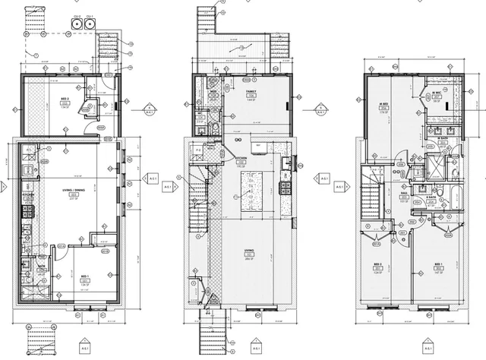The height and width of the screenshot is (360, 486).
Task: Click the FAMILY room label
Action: (251, 93)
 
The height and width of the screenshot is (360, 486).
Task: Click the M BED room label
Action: (384, 106)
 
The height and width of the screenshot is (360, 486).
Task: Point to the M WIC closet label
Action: (437, 95)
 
